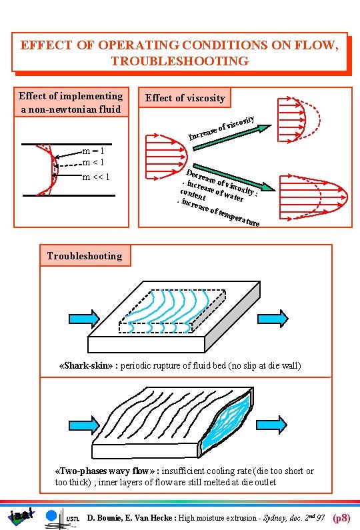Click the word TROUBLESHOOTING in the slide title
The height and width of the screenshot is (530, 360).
(x=179, y=61)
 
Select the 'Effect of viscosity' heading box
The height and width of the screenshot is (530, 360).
(x=185, y=98)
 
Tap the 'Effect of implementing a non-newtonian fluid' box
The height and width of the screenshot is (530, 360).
(x=71, y=102)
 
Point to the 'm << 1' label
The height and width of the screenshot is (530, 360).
(x=95, y=177)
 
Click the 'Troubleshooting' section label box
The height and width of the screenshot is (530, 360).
(x=85, y=255)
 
